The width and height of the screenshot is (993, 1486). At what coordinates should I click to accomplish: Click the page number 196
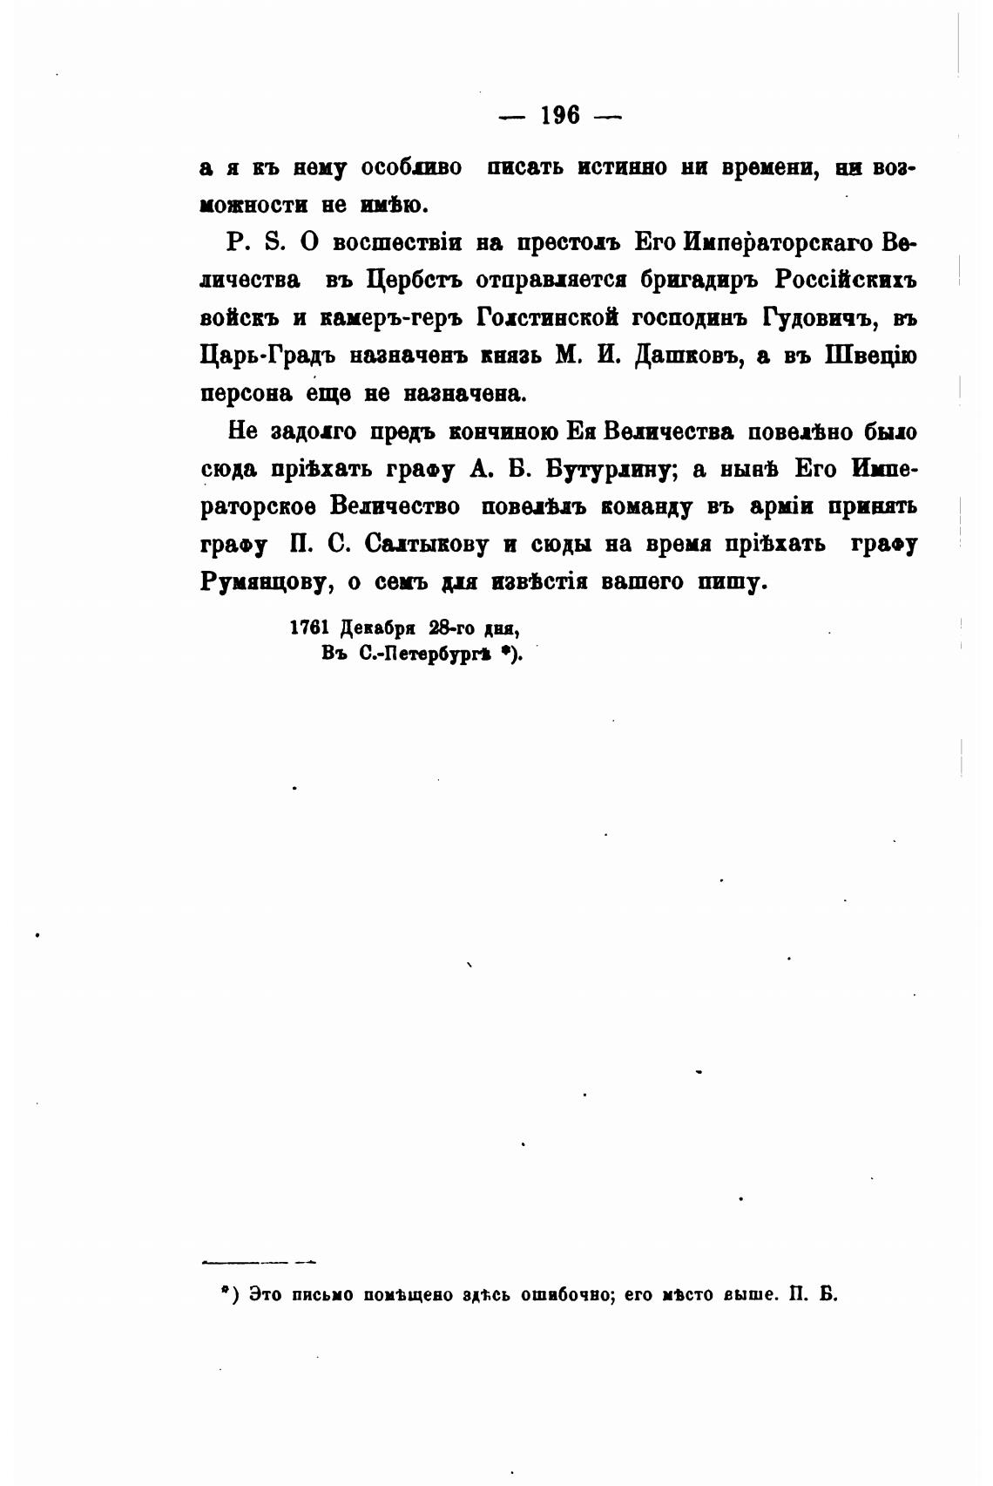coord(559,115)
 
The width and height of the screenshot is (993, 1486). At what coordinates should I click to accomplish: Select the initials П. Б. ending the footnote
coord(812,1294)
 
